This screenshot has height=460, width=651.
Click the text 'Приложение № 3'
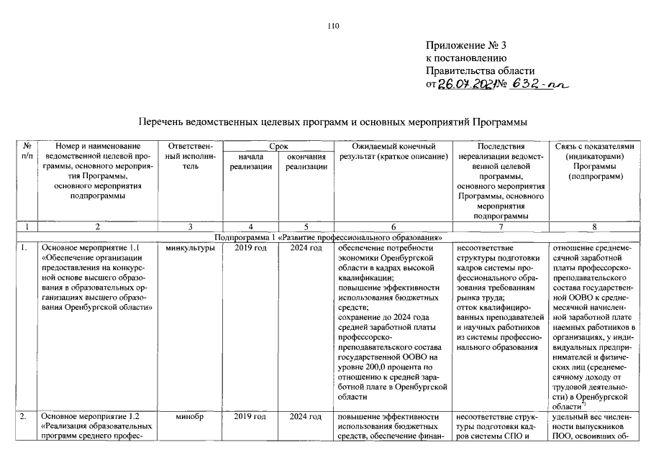click(466, 46)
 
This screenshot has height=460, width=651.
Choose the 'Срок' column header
click(278, 146)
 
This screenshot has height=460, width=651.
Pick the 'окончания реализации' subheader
click(306, 161)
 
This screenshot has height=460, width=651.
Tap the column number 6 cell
click(393, 226)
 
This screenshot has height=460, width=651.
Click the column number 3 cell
click(191, 226)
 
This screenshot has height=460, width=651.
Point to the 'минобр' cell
click(191, 416)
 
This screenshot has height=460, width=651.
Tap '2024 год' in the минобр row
click(306, 416)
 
